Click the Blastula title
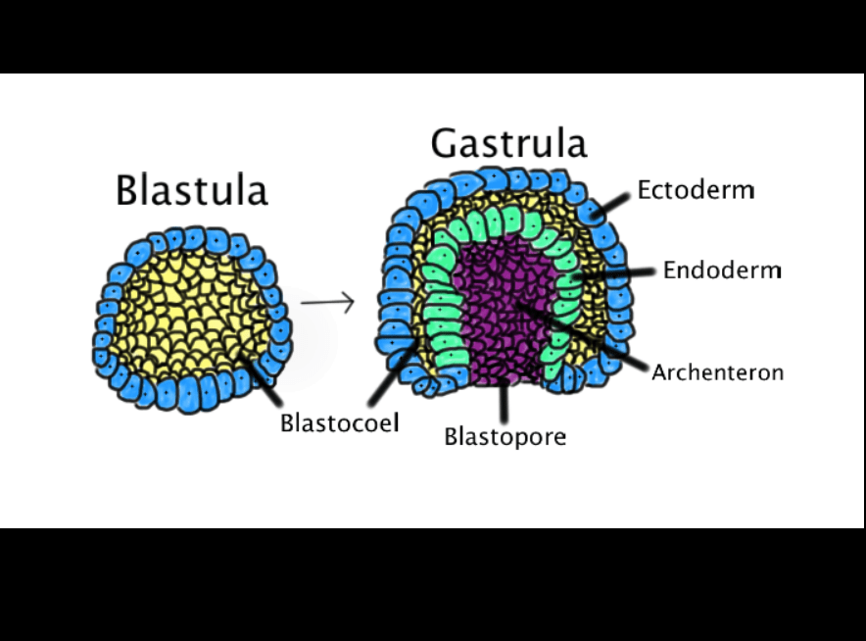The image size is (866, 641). tap(191, 189)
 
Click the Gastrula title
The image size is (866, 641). tap(508, 143)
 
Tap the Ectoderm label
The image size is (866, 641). tap(696, 189)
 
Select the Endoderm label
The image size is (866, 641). tap(722, 270)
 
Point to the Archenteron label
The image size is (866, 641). tap(718, 372)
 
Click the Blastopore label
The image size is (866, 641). tap(505, 436)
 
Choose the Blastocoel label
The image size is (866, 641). tap(339, 423)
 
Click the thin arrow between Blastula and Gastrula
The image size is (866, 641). tap(327, 302)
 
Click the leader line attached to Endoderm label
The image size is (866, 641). tap(617, 274)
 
